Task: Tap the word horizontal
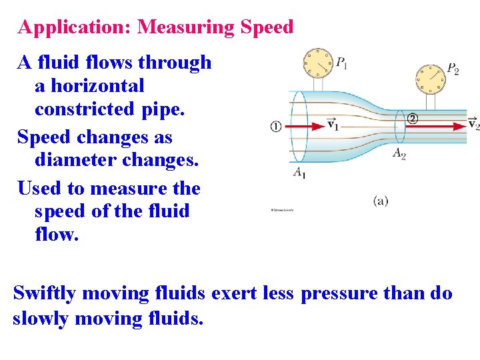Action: coord(98,86)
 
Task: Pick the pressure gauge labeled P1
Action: coord(317,63)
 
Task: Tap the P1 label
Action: coord(341,64)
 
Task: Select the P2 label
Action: coord(453,69)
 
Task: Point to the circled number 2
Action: coord(412,119)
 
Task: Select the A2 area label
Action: coord(399,154)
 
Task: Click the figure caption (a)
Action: coord(381,201)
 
